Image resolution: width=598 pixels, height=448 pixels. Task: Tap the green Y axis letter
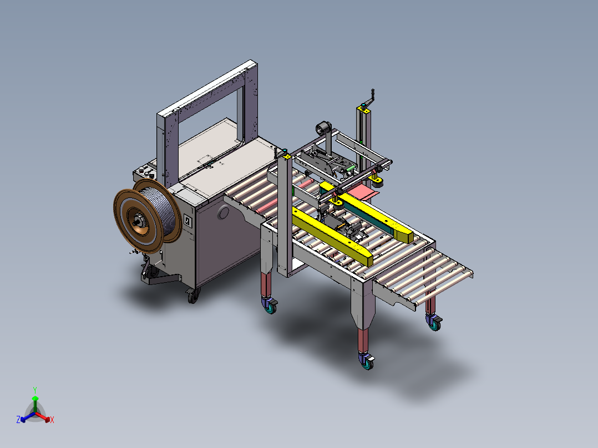click(x=35, y=390)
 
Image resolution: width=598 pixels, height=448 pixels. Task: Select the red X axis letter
click(x=52, y=420)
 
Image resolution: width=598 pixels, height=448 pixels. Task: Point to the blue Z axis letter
click(x=18, y=419)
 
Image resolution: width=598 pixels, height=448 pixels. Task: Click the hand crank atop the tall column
click(x=368, y=98)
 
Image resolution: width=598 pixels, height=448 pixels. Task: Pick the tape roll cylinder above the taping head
click(x=323, y=128)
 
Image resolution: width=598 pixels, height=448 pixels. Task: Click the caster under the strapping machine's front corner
click(x=194, y=295)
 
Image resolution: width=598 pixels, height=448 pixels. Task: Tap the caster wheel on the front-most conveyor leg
click(x=367, y=361)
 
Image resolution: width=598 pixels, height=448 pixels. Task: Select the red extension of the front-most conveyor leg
click(x=363, y=340)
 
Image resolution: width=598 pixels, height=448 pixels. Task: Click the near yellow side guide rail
click(x=332, y=236)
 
